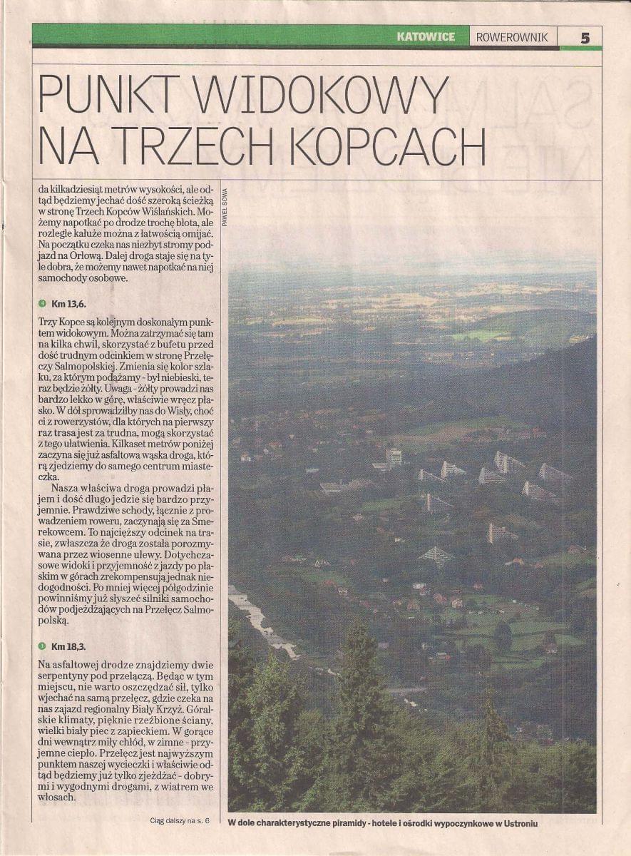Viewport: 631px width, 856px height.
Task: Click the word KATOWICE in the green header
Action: pyautogui.click(x=426, y=37)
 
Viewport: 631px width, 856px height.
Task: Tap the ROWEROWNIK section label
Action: pyautogui.click(x=513, y=37)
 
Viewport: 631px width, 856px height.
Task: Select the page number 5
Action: pyautogui.click(x=585, y=38)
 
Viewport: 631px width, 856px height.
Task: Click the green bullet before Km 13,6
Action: pyautogui.click(x=43, y=303)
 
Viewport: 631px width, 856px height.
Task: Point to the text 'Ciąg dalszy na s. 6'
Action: pyautogui.click(x=181, y=821)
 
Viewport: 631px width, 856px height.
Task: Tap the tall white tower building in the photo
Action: pyautogui.click(x=394, y=456)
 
